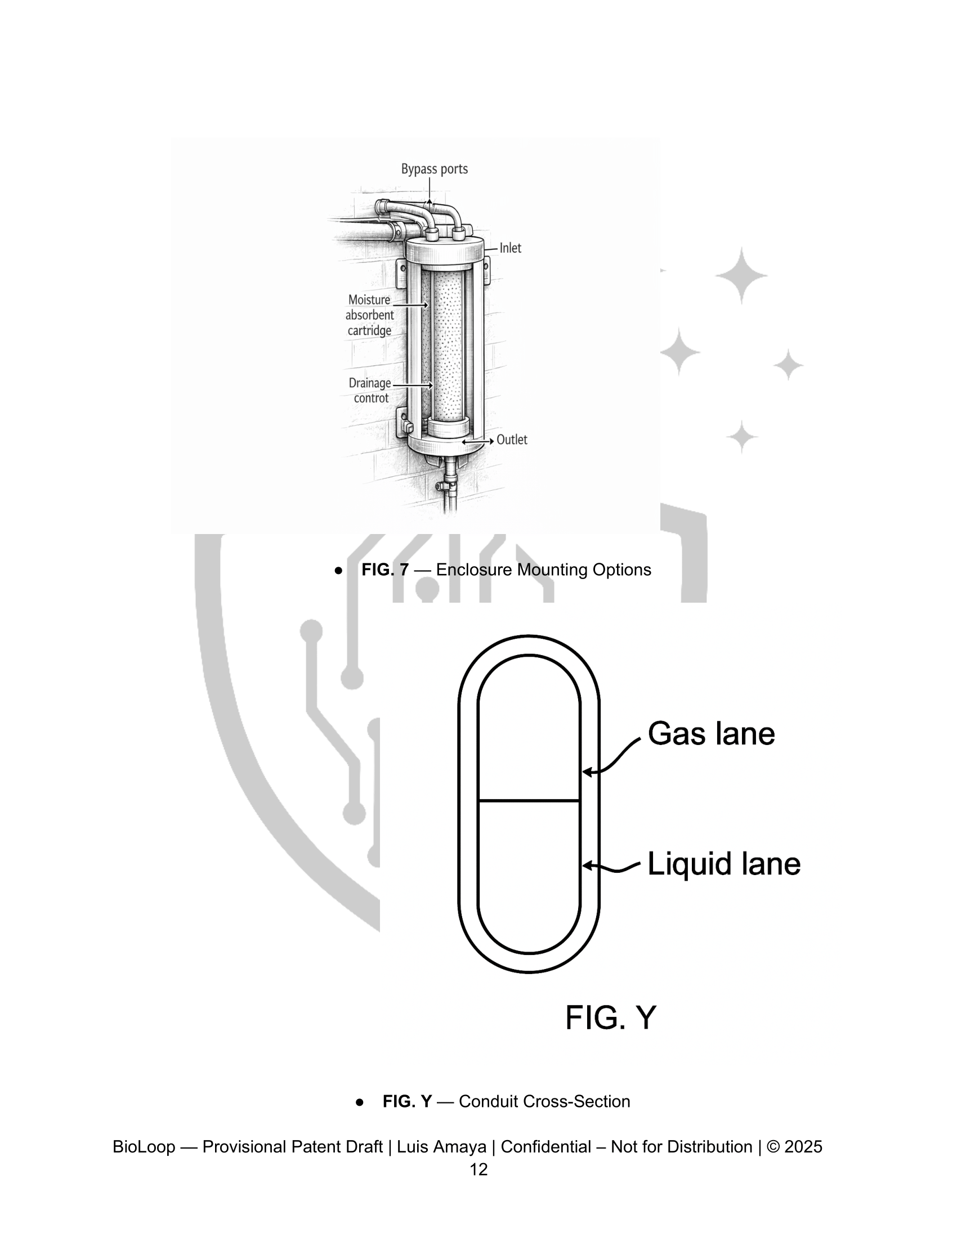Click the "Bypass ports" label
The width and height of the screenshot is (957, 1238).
[434, 169]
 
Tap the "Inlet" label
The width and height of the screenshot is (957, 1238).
[510, 248]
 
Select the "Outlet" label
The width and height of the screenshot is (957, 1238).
[512, 439]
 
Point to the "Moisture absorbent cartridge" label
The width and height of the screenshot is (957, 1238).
[370, 315]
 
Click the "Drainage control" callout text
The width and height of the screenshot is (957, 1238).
[370, 391]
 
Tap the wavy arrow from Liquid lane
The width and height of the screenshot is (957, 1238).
[612, 866]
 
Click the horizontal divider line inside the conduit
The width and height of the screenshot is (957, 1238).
[529, 800]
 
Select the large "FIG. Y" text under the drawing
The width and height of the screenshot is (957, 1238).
[611, 1017]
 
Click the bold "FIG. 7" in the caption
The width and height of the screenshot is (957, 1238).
[385, 569]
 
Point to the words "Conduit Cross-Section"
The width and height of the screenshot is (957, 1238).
[544, 1101]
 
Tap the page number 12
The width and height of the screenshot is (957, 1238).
[479, 1169]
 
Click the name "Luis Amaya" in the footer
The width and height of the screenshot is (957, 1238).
[442, 1146]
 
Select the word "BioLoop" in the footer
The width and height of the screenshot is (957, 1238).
[144, 1146]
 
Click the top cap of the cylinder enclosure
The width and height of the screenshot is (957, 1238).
[444, 249]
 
